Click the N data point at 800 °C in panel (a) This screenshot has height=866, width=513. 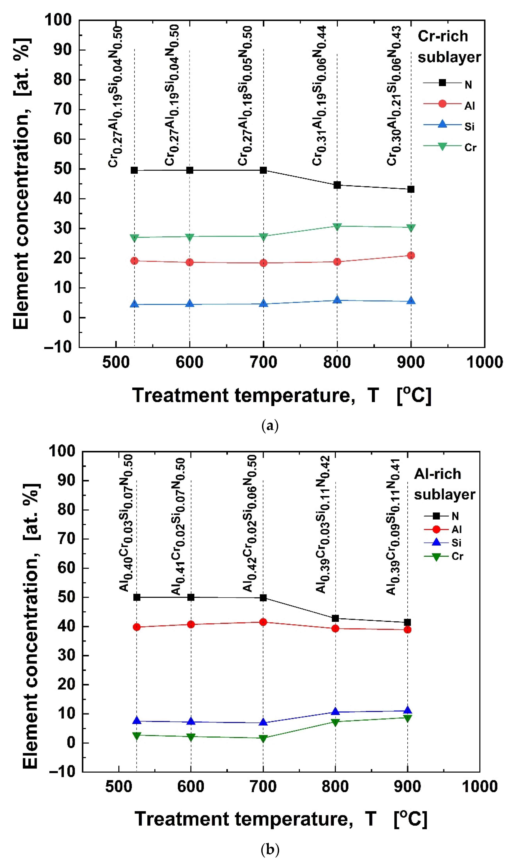337,185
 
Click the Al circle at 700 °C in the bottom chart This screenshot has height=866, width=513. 263,622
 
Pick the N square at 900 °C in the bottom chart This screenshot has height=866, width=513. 408,622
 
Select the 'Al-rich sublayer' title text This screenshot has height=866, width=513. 444,484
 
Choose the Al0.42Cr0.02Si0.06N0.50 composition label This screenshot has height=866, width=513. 250,523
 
